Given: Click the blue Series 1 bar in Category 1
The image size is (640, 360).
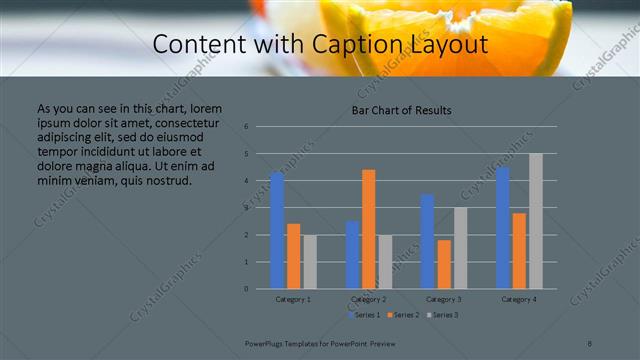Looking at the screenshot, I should click(277, 230).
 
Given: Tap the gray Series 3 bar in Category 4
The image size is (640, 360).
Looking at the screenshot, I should click(536, 221).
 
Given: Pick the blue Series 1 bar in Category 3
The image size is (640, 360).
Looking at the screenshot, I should click(427, 241).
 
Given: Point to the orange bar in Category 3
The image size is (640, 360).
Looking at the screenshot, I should click(444, 264).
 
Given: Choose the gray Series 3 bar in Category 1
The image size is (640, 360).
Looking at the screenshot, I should click(310, 262).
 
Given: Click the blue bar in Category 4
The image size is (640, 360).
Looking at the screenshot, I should click(502, 227).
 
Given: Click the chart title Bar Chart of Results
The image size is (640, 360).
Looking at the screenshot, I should click(401, 110).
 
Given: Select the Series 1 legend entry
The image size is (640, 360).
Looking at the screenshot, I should click(364, 314).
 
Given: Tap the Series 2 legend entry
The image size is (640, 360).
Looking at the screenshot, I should click(403, 314).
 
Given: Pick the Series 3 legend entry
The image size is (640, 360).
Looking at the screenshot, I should click(442, 314).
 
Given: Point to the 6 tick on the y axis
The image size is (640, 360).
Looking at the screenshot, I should click(246, 127).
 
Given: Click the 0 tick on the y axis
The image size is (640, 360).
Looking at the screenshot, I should click(246, 289).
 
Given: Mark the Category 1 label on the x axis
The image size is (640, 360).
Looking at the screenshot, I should click(293, 299).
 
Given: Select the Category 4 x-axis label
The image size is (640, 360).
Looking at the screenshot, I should click(519, 299).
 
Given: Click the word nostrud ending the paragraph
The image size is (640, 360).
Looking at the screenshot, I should click(163, 181).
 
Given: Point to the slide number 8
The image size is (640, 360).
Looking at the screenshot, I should click(590, 342).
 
